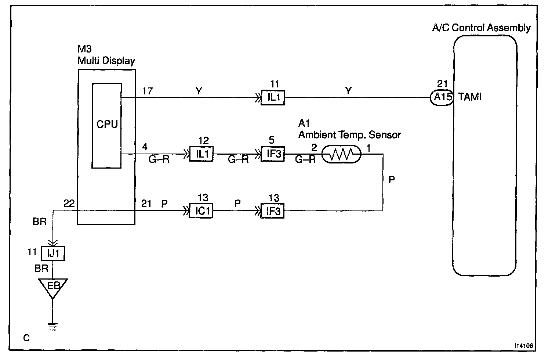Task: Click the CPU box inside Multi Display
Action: tap(106, 125)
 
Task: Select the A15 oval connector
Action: tap(442, 98)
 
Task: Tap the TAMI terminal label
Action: tap(470, 97)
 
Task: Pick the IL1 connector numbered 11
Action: tap(273, 98)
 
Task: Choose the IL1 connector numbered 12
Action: tap(201, 154)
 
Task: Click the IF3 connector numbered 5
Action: tap(273, 154)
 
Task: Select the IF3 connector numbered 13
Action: tap(272, 211)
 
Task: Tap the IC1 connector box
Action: tap(201, 211)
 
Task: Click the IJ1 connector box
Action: tap(53, 253)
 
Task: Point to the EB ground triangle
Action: tap(53, 286)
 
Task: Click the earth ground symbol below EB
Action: tap(53, 327)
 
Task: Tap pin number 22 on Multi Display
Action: tap(69, 203)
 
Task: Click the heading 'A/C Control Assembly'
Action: tap(481, 28)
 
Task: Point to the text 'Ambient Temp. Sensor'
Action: tap(349, 135)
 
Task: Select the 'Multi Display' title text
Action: tap(106, 61)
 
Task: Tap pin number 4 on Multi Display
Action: tap(145, 147)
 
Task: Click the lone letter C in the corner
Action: tap(26, 338)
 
